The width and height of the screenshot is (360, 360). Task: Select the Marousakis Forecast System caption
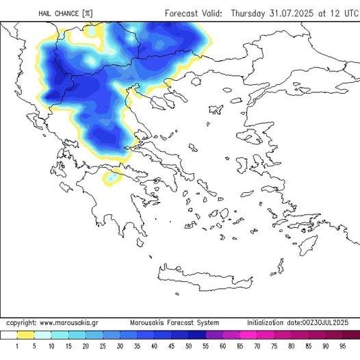pos(175,322)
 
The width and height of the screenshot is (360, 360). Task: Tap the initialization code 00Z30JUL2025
pos(327,322)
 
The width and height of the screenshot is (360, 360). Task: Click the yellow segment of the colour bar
pos(25,335)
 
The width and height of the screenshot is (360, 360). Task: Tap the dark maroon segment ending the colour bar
pos(350,335)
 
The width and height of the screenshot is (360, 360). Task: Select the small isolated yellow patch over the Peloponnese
pos(109,179)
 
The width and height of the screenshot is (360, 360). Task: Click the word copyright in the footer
pos(21,322)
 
